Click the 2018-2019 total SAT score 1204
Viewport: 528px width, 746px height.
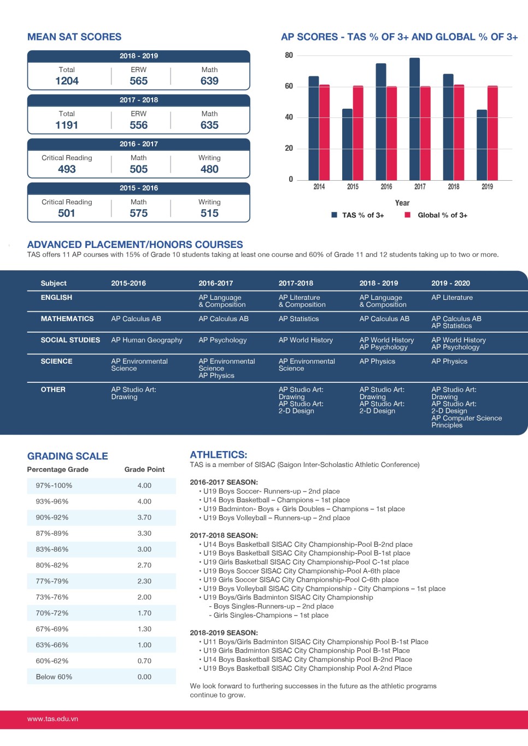pyautogui.click(x=67, y=81)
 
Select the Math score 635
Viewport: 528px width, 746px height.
pyautogui.click(x=209, y=125)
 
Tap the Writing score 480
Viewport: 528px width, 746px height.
pyautogui.click(x=209, y=169)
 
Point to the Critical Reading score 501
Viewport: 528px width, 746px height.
pyautogui.click(x=66, y=213)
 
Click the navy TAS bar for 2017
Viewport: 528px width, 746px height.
pyautogui.click(x=414, y=119)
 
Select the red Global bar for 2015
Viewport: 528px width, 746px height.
pyautogui.click(x=358, y=133)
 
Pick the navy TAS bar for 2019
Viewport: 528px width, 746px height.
pyautogui.click(x=482, y=145)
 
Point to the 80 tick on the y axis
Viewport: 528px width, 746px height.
pyautogui.click(x=289, y=55)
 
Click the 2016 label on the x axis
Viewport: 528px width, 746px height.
pyautogui.click(x=386, y=187)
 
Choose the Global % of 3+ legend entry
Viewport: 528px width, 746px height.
pyautogui.click(x=436, y=215)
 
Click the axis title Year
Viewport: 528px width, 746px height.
pyautogui.click(x=402, y=203)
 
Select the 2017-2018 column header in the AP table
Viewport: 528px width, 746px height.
pyautogui.click(x=296, y=283)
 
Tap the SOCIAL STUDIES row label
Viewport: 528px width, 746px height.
pyautogui.click(x=71, y=340)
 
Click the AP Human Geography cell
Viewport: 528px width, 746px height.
pyautogui.click(x=146, y=340)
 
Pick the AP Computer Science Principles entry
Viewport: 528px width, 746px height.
pyautogui.click(x=466, y=421)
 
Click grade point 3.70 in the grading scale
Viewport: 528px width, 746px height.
pyautogui.click(x=144, y=517)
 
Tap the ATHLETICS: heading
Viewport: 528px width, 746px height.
pyautogui.click(x=218, y=454)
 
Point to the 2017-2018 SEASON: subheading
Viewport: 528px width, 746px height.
pyautogui.click(x=224, y=535)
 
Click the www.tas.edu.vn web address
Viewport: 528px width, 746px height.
pyautogui.click(x=52, y=719)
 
